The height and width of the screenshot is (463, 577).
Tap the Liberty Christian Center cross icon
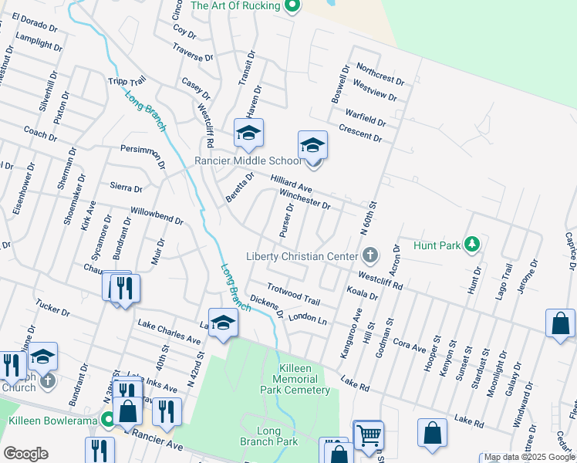(370, 255)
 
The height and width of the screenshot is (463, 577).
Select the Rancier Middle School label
(248, 161)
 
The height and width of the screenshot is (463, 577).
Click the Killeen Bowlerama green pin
(109, 421)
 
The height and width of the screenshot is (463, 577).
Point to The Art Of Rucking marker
(292, 6)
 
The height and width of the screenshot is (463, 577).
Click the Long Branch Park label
(277, 436)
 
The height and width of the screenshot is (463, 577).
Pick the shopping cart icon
(369, 435)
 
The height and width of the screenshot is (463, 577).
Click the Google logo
(25, 454)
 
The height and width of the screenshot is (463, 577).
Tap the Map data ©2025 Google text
(530, 458)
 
